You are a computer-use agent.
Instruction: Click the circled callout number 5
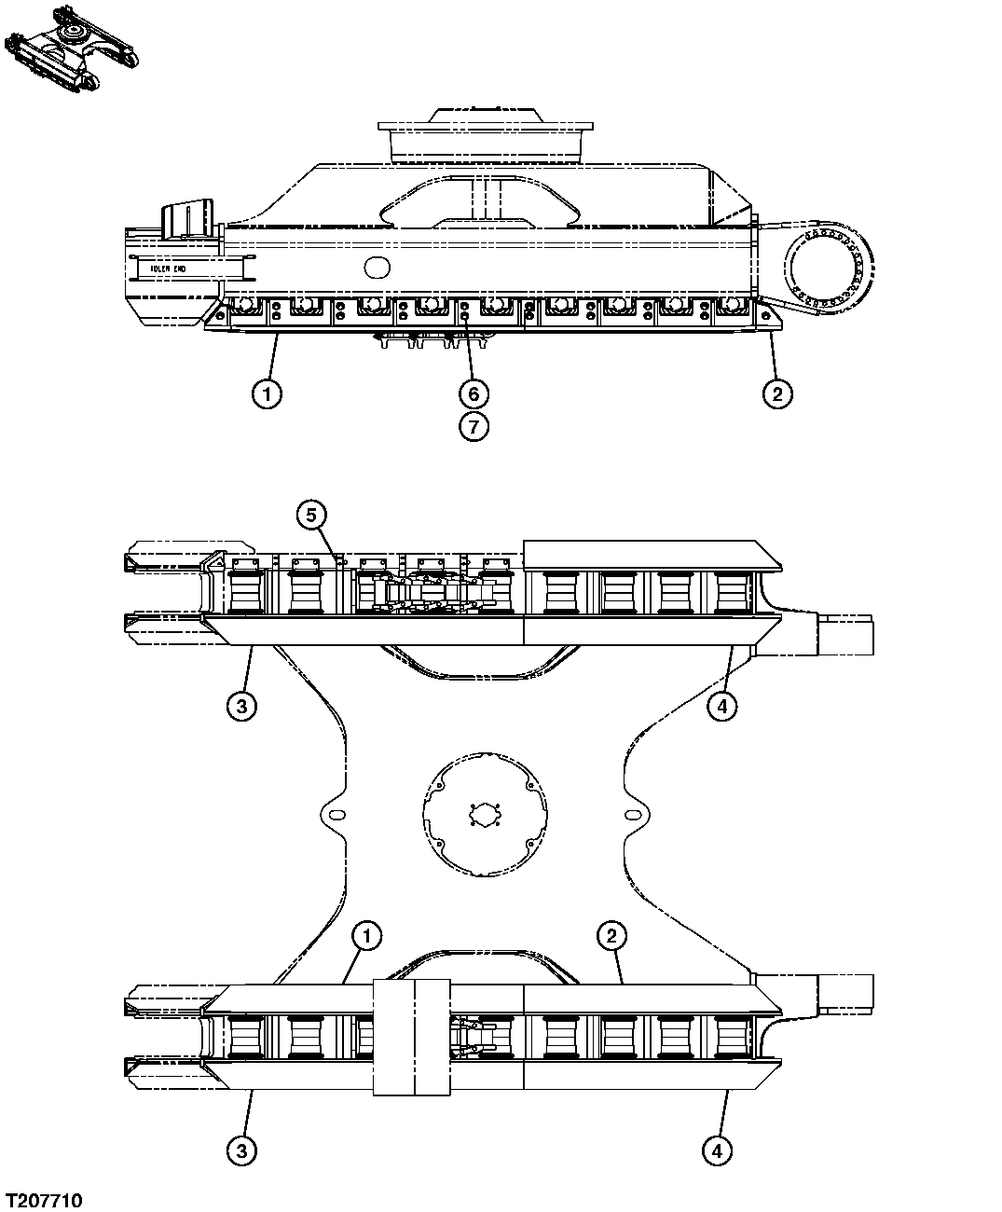pyautogui.click(x=312, y=514)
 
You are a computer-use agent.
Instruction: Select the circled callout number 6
pyautogui.click(x=474, y=393)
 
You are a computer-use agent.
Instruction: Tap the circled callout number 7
pyautogui.click(x=474, y=427)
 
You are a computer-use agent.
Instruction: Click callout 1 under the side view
pyautogui.click(x=267, y=393)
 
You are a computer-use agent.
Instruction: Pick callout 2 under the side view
pyautogui.click(x=776, y=393)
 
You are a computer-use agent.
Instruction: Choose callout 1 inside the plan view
pyautogui.click(x=367, y=934)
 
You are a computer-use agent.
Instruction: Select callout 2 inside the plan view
pyautogui.click(x=611, y=934)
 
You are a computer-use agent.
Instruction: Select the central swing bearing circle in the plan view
pyautogui.click(x=486, y=814)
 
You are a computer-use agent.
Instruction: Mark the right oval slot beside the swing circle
pyautogui.click(x=634, y=814)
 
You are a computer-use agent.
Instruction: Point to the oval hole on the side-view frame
pyautogui.click(x=377, y=268)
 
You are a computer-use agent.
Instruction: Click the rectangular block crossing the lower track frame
pyautogui.click(x=412, y=1037)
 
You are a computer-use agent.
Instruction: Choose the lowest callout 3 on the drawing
pyautogui.click(x=241, y=1151)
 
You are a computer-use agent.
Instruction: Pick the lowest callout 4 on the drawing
pyautogui.click(x=717, y=1151)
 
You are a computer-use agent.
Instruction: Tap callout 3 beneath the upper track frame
pyautogui.click(x=241, y=706)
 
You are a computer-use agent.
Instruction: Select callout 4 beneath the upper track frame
pyautogui.click(x=721, y=706)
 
